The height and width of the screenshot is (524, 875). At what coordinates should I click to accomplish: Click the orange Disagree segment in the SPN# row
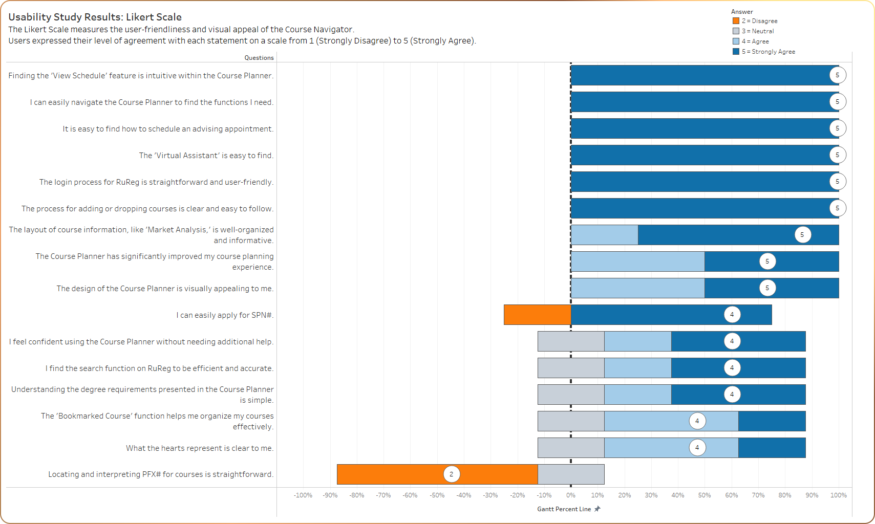pos(537,315)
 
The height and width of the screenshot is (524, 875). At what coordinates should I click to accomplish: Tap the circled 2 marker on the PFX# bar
pos(451,474)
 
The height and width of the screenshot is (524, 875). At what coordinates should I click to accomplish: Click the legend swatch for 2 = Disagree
pos(736,21)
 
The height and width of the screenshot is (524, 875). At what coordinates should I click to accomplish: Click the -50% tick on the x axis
pos(437,495)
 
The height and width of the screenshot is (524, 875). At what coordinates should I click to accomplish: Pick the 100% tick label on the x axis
pos(838,495)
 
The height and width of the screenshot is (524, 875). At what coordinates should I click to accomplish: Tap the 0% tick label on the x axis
pos(571,495)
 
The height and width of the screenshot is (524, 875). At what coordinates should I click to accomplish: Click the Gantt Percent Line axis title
pos(564,509)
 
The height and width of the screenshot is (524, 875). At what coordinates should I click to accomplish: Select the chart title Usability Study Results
pos(95,17)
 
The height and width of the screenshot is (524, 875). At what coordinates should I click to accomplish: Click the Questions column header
pos(259,58)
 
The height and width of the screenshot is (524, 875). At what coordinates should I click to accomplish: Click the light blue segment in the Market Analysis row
pos(604,235)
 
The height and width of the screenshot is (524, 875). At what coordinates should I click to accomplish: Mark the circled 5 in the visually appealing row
pos(767,288)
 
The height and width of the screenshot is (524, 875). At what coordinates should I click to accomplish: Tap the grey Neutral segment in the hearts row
pos(571,448)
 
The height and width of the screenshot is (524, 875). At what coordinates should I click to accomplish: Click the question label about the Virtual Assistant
pos(206,156)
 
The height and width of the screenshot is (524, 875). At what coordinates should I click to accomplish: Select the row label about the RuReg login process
pos(156,182)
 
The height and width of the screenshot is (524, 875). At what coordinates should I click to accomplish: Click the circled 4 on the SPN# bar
pos(732,315)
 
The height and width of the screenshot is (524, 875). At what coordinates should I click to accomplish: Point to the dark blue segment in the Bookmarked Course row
pos(772,421)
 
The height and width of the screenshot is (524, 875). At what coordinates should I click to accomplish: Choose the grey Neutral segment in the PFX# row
pos(571,474)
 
